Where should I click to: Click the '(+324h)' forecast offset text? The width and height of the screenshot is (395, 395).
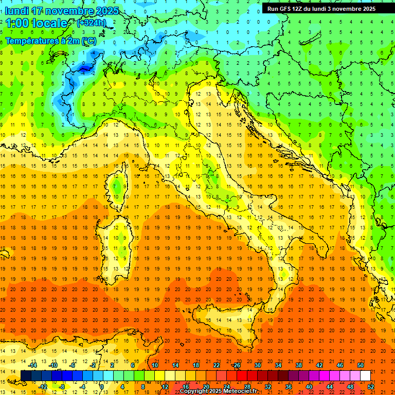pyautogui.click(x=92, y=23)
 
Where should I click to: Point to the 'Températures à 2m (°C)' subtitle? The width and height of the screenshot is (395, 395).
pyautogui.click(x=50, y=41)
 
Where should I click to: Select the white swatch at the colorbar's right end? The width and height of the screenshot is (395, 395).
pyautogui.click(x=365, y=375)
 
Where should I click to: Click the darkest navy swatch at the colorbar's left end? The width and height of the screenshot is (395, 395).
pyautogui.click(x=26, y=375)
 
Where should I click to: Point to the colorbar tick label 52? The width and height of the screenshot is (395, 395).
pyautogui.click(x=371, y=387)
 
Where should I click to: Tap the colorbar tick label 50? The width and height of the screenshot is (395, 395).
pyautogui.click(x=361, y=365)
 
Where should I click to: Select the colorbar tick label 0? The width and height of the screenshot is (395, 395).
pyautogui.click(x=102, y=387)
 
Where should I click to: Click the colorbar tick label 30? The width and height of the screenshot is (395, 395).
pyautogui.click(x=257, y=365)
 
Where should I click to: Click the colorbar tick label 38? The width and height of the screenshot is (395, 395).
pyautogui.click(x=298, y=365)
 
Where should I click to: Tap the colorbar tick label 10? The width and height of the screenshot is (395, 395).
pyautogui.click(x=154, y=365)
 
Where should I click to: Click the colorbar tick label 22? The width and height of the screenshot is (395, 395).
pyautogui.click(x=216, y=365)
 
